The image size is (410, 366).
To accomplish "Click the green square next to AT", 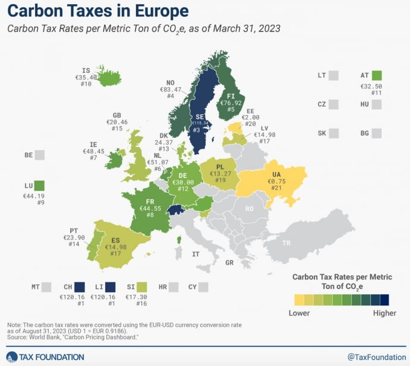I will point(377,75).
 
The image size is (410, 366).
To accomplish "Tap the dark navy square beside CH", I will point(80,288).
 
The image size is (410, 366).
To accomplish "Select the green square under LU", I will point(39,185).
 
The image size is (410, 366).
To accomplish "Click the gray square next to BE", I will point(39,155).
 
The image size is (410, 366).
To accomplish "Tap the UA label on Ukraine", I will point(276,173).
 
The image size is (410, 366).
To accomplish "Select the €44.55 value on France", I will point(151,208).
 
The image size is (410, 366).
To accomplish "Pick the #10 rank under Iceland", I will point(86,84).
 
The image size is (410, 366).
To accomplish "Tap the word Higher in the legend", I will point(384,313).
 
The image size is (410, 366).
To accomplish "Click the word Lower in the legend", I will point(299,313).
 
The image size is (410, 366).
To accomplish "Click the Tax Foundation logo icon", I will point(12,357).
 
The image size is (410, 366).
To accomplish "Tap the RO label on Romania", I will point(250,208).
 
